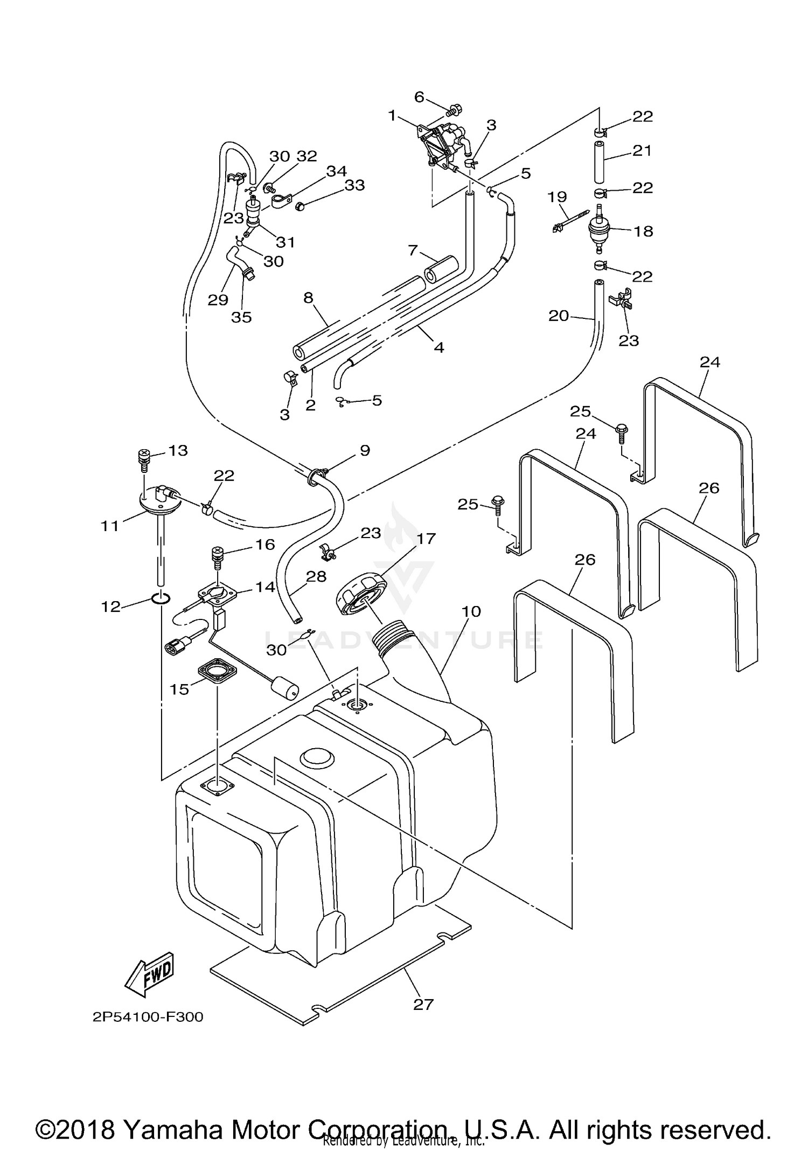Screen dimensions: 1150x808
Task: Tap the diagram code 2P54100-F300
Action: pos(148,1017)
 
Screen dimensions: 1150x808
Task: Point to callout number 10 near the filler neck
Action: pos(471,611)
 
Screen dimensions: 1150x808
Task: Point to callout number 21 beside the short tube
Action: pos(642,150)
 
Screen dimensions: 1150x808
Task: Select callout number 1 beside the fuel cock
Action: pos(392,115)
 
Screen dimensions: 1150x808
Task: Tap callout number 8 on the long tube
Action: pos(308,298)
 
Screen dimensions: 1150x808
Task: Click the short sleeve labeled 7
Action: pos(440,269)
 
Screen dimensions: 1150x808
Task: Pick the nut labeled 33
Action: pos(301,206)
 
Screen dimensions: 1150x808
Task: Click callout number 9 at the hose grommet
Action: pos(365,450)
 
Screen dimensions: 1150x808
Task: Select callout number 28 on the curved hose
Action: pos(316,576)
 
